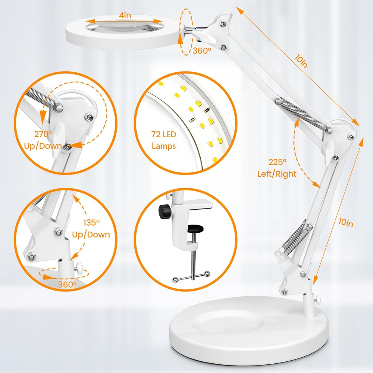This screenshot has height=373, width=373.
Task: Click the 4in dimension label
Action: pyautogui.click(x=125, y=15)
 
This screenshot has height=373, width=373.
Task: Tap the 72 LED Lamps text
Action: pyautogui.click(x=164, y=140)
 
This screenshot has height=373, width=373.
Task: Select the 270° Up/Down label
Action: pyautogui.click(x=43, y=140)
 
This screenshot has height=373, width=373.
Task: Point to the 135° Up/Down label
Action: pyautogui.click(x=91, y=229)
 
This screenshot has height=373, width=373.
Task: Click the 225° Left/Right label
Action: pyautogui.click(x=277, y=168)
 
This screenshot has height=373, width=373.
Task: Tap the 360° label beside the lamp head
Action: pyautogui.click(x=202, y=50)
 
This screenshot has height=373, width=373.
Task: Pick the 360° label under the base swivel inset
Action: pyautogui.click(x=67, y=284)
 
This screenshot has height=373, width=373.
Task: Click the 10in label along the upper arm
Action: pyautogui.click(x=301, y=62)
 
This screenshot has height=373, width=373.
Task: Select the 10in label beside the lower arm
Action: pyautogui.click(x=346, y=223)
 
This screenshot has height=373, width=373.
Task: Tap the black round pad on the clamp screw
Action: pyautogui.click(x=195, y=229)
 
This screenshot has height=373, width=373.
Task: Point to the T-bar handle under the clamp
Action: pyautogui.click(x=191, y=278)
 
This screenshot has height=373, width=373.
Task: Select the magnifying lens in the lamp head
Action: pyautogui.click(x=125, y=25)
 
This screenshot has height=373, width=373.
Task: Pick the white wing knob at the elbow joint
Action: pyautogui.click(x=329, y=150)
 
